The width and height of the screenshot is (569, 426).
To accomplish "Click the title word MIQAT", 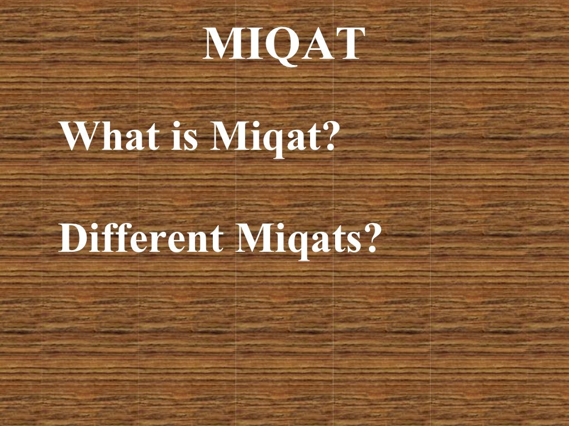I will [x=284, y=44].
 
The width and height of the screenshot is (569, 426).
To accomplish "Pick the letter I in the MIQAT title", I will [x=253, y=44].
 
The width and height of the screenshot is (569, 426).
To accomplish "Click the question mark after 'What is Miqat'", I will [x=330, y=136].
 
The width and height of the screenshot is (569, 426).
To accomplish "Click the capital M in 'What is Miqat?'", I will [x=229, y=136].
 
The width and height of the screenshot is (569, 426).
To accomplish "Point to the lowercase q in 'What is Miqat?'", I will [x=269, y=142].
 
